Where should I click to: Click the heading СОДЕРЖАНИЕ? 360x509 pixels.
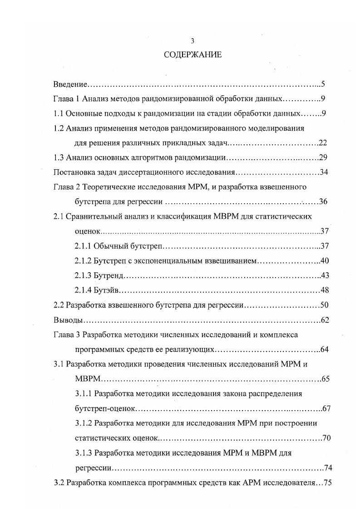coord(192,55)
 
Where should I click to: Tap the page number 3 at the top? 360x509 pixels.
coord(192,41)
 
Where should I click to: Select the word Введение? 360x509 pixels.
coord(69,84)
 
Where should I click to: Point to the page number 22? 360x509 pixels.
coord(323,143)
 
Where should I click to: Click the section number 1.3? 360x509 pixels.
coord(59,157)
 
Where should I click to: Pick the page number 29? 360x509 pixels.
coord(323,157)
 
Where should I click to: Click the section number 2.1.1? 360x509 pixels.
coord(83,246)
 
